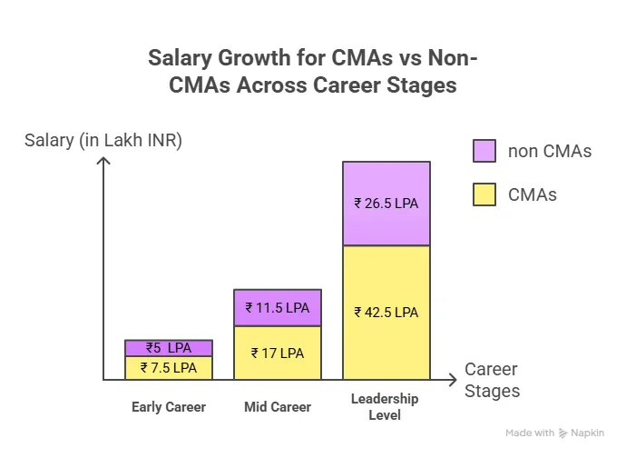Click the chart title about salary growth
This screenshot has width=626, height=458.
(x=313, y=73)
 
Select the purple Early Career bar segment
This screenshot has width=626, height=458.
(x=169, y=348)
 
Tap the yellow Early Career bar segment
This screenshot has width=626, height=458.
(x=169, y=368)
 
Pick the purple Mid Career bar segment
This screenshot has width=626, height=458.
(x=278, y=307)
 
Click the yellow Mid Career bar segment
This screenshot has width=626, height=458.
(x=278, y=353)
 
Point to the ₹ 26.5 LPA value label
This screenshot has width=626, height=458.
(x=386, y=203)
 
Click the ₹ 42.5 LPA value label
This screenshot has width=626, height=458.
(x=386, y=312)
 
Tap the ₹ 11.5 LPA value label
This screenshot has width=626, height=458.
(x=278, y=307)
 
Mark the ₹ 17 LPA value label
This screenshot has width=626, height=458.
(x=278, y=353)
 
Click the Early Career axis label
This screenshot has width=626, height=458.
(x=169, y=407)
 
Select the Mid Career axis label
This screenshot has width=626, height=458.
(x=278, y=407)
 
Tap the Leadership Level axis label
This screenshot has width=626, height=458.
(x=386, y=407)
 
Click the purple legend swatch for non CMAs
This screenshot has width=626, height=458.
(x=484, y=151)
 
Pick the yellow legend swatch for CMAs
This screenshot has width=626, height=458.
(x=484, y=194)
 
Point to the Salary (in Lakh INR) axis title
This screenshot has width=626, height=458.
(x=103, y=140)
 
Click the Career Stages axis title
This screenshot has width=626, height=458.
(x=493, y=381)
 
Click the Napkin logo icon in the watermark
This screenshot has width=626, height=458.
(x=563, y=433)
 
